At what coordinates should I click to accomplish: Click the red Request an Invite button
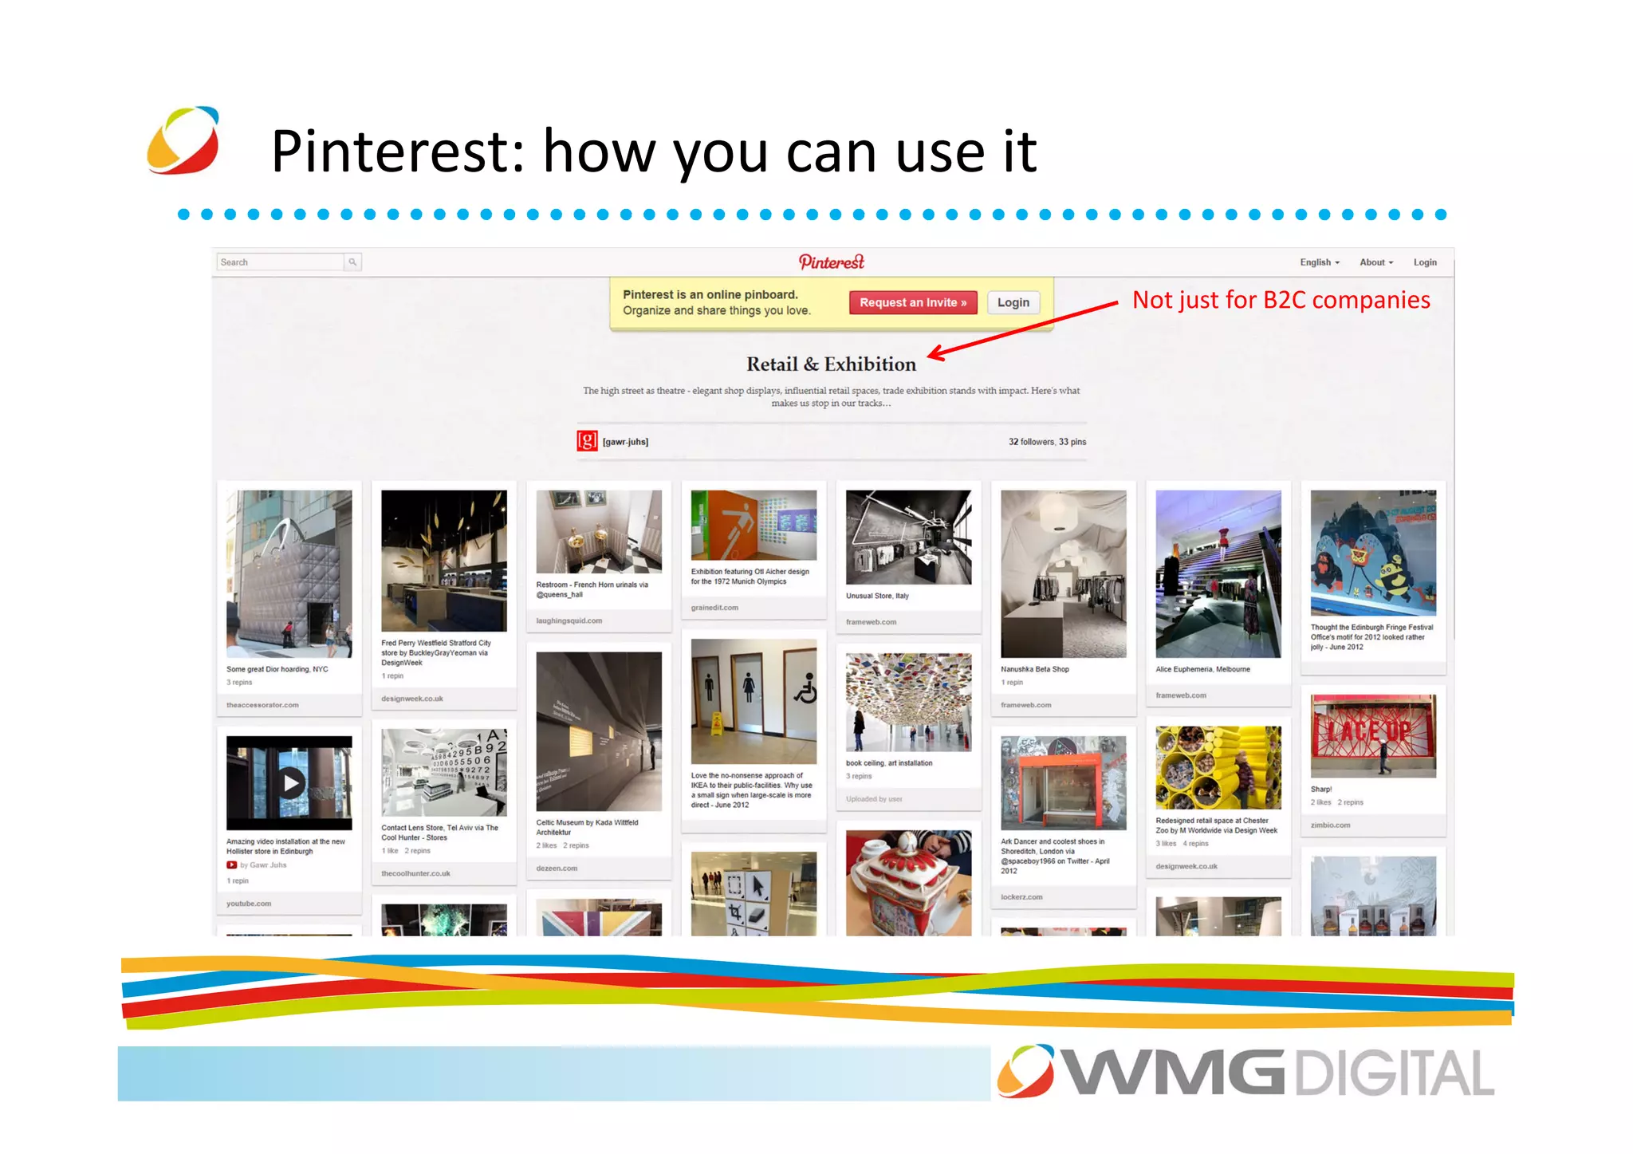coord(912,302)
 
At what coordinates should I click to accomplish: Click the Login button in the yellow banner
coord(1013,302)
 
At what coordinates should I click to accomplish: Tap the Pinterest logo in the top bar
coord(831,262)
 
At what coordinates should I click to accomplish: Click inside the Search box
coord(279,262)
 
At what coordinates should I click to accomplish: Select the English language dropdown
coord(1319,262)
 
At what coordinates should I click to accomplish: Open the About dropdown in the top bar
coord(1375,262)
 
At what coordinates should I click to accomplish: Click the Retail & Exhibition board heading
coord(831,364)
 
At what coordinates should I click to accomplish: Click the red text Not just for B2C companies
coord(1281,300)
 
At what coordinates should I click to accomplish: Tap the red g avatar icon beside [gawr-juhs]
coord(587,441)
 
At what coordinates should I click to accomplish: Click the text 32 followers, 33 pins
coord(1046,442)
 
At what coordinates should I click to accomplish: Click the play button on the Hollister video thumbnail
coord(291,783)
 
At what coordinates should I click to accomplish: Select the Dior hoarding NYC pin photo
coord(289,573)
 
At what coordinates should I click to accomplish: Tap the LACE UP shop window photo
coord(1372,735)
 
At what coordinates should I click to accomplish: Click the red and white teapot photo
coord(908,882)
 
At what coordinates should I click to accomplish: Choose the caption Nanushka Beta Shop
coord(1034,669)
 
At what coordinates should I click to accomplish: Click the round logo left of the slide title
coord(183,140)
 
